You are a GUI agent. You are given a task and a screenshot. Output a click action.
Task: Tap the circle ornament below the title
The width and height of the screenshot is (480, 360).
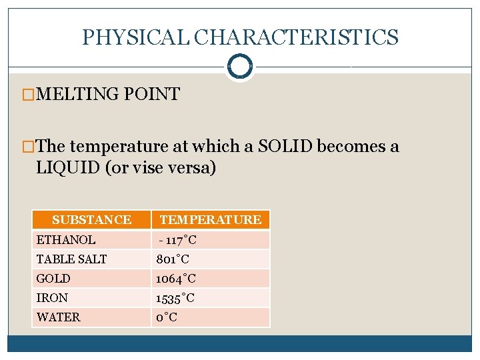[x=239, y=67]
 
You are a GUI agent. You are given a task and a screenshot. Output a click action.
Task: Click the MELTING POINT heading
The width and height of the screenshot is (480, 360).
[x=108, y=95]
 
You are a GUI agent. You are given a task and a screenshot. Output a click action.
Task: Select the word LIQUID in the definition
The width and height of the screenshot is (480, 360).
[x=67, y=167]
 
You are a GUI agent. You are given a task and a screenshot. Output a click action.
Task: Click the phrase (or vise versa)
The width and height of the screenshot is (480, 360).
[x=160, y=167]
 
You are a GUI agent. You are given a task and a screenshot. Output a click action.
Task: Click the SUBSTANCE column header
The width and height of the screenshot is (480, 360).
[x=91, y=220]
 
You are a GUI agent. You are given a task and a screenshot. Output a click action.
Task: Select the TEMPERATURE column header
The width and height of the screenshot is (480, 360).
[x=210, y=220]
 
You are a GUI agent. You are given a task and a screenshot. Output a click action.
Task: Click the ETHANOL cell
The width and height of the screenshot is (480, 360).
[x=66, y=240]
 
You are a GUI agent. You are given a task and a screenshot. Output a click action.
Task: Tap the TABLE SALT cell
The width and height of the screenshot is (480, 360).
[x=71, y=259]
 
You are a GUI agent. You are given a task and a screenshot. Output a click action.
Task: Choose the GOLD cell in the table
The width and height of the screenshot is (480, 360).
[x=53, y=279]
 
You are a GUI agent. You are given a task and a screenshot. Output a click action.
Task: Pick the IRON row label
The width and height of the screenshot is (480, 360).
[x=52, y=298]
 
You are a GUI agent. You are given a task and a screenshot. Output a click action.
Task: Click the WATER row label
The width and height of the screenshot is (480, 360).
[x=58, y=317]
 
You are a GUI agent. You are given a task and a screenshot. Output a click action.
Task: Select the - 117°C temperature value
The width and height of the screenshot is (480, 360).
[x=177, y=240]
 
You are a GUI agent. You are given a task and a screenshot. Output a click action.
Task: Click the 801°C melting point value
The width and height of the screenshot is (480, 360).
[x=173, y=259]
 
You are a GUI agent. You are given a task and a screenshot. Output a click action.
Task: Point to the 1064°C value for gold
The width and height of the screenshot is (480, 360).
[x=176, y=279]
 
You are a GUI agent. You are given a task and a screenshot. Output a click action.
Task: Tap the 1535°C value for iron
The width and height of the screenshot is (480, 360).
[x=175, y=298]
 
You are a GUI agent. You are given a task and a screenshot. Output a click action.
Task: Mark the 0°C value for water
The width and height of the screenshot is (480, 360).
[x=167, y=317]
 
